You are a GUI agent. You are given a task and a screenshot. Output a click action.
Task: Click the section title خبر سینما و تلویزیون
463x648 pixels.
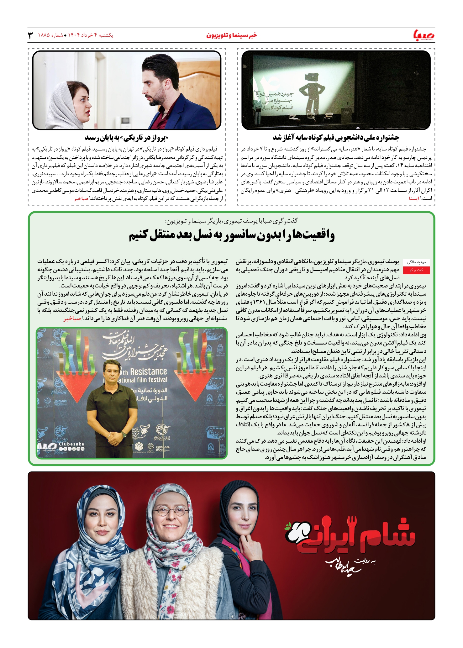[231, 35]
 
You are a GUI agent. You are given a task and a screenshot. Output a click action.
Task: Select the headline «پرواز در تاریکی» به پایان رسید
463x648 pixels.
[126, 138]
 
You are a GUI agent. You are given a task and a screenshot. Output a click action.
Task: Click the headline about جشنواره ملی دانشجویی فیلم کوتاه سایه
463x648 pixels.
[336, 138]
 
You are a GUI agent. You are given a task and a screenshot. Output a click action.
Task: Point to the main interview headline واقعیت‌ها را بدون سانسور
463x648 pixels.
[232, 235]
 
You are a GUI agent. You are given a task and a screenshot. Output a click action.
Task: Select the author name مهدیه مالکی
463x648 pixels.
[416, 262]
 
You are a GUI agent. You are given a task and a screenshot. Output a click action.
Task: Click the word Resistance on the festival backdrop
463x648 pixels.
[148, 372]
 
